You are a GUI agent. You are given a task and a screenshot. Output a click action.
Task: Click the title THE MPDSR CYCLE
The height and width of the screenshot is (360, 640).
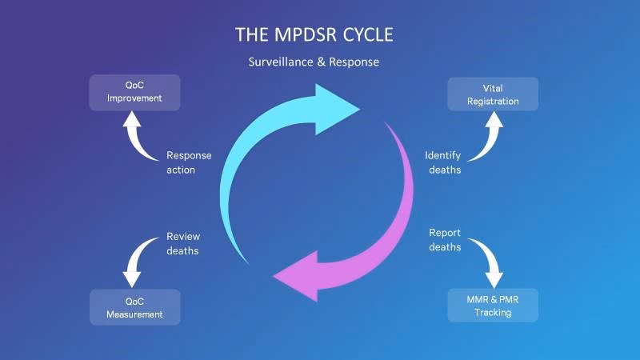pos(314,35)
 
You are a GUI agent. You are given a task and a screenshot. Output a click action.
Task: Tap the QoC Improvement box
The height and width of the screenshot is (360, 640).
pos(134,92)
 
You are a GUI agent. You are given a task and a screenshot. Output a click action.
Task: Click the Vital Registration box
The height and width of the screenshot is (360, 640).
pos(493,94)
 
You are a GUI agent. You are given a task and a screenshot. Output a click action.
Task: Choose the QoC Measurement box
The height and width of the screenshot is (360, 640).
pos(134,307)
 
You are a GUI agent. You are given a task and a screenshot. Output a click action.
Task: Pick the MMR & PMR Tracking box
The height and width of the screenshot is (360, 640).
pos(493,306)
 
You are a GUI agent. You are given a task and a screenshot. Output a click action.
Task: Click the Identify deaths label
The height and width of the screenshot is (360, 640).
pos(442,162)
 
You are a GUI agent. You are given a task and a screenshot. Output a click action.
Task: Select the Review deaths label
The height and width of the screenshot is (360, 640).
pos(183,243)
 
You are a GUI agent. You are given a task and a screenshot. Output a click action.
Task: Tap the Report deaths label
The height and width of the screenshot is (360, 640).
pos(445,240)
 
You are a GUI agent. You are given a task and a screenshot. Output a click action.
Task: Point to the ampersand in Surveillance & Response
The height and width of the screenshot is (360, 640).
pos(308,62)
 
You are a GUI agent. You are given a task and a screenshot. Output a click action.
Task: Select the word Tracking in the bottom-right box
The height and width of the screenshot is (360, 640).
pos(493,313)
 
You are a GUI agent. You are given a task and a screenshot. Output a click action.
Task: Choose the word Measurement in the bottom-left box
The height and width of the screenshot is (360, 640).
pos(134,314)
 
